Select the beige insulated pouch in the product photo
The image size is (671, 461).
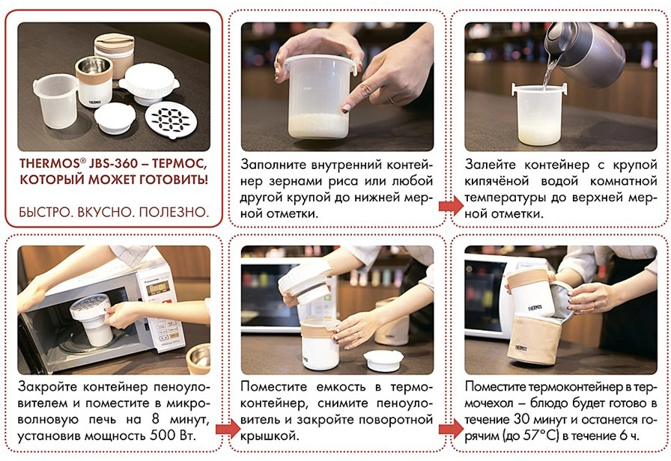click(115, 50)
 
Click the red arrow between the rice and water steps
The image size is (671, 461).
click(451, 207)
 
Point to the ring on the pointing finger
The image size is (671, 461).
click(392, 100)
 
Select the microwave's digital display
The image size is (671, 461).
click(157, 289)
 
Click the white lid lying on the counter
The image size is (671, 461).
click(383, 360)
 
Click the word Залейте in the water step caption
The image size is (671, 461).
click(491, 165)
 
